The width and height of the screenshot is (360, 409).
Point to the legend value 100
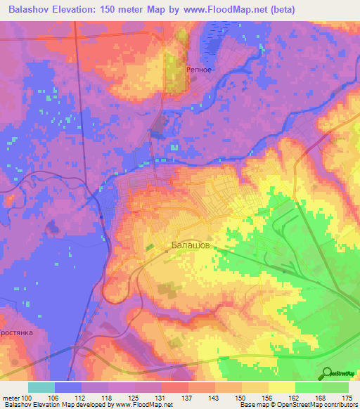pos(27,398)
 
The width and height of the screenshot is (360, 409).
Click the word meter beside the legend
pos(11,398)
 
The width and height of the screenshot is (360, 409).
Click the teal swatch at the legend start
pos(41,387)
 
